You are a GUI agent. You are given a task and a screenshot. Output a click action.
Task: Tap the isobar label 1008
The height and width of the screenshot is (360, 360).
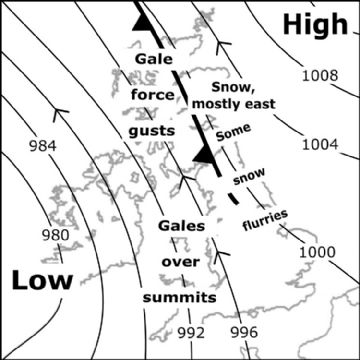click(x=320, y=75)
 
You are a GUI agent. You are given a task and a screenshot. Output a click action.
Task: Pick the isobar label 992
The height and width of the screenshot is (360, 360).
click(x=190, y=331)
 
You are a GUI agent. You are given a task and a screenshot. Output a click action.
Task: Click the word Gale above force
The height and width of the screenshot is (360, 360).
click(x=155, y=63)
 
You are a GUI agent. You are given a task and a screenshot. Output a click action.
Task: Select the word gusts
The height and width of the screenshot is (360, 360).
click(x=152, y=130)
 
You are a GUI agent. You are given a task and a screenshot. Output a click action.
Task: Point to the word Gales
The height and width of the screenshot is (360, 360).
click(x=180, y=225)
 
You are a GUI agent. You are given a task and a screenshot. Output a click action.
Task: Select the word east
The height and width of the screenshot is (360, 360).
click(x=256, y=102)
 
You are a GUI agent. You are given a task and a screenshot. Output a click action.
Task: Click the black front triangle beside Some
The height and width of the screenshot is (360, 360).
click(x=205, y=152)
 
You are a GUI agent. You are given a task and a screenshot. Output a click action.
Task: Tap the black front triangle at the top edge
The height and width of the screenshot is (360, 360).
click(x=143, y=20)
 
